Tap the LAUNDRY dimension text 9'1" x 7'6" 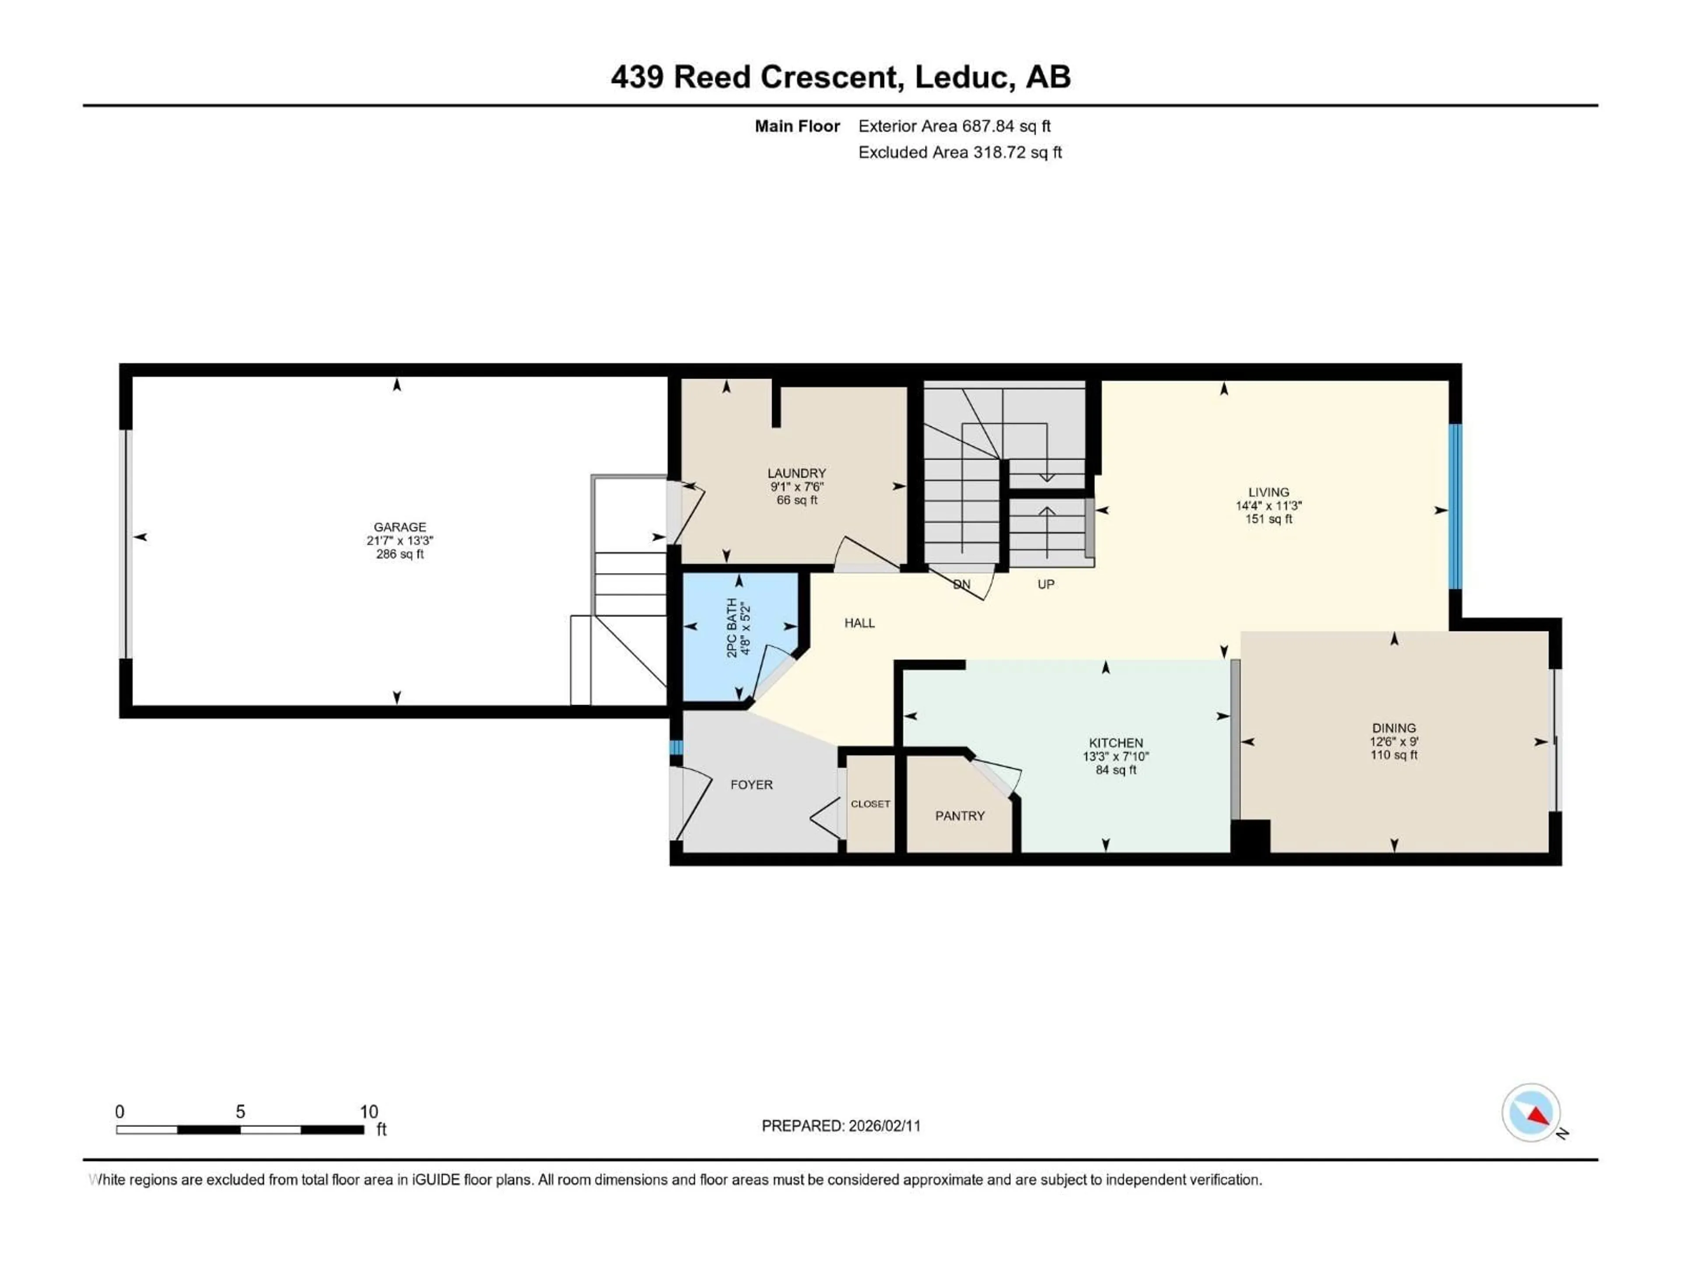tap(796, 487)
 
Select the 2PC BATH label tap(731, 627)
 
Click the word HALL tap(859, 623)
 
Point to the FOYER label tap(751, 784)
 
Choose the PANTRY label tap(960, 815)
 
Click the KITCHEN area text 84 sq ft tap(1116, 770)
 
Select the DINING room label tap(1394, 728)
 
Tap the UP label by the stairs tap(1046, 584)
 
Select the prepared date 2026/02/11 tap(884, 1126)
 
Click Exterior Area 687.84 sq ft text tap(954, 126)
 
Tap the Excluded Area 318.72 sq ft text tap(960, 152)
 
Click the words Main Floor tap(797, 126)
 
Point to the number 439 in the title tap(637, 77)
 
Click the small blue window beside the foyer tap(675, 747)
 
